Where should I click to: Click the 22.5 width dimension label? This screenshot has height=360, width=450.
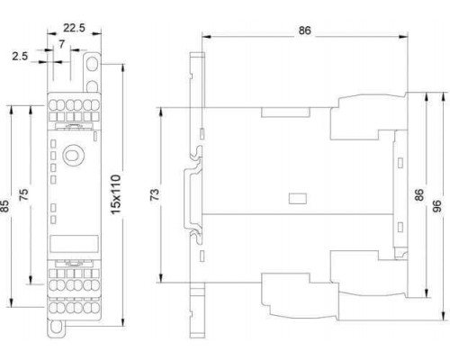(x=74, y=28)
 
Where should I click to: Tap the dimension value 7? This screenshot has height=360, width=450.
(x=61, y=44)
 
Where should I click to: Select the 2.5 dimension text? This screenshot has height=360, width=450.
(x=20, y=56)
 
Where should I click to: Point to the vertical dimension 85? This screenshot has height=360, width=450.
(x=5, y=206)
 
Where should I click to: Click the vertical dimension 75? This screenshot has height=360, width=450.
(x=23, y=194)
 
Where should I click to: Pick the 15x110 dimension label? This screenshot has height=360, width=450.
(x=116, y=194)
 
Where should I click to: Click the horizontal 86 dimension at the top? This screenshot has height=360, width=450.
(x=304, y=31)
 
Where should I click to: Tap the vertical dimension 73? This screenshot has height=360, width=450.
(x=155, y=194)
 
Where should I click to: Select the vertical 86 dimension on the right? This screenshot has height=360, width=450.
(x=419, y=194)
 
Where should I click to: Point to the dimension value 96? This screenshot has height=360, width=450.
(x=438, y=206)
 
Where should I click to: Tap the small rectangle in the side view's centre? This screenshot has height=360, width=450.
(x=297, y=199)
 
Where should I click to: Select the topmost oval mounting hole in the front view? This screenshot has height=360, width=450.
(x=92, y=63)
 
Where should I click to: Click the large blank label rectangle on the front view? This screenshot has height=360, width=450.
(x=74, y=244)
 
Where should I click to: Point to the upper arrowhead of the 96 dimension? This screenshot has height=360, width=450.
(x=443, y=98)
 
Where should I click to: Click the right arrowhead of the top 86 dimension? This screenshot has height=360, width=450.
(x=403, y=37)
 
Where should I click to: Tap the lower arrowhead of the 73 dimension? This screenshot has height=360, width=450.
(x=161, y=277)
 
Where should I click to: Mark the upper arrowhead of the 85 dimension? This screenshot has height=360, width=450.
(x=12, y=110)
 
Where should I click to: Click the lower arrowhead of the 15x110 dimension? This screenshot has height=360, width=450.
(x=122, y=320)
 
